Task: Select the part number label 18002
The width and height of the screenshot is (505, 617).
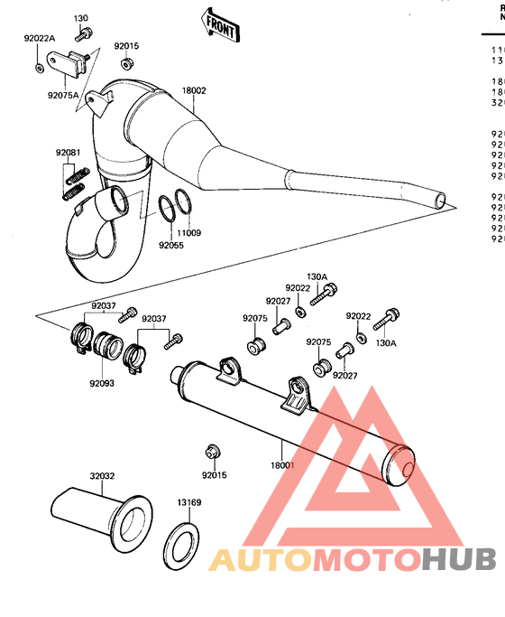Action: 194,91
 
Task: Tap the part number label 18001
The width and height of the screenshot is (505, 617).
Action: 282,465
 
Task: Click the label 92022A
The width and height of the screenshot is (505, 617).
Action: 40,39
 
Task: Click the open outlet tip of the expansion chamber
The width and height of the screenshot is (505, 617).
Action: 438,198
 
